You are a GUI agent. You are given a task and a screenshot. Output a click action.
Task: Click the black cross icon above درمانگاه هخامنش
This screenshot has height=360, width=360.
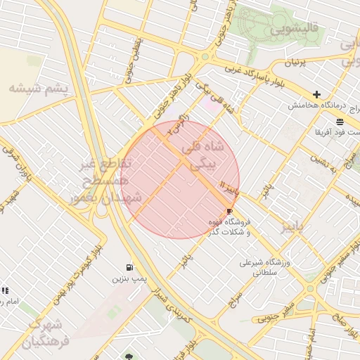pyautogui.click(x=317, y=94)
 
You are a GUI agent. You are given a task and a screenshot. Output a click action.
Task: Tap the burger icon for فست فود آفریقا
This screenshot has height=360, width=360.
pyautogui.click(x=340, y=122)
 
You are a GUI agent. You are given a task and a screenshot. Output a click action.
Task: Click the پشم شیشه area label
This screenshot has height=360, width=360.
pyautogui.click(x=39, y=89)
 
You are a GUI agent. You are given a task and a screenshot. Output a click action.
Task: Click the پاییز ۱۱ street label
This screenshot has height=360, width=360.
pyautogui.click(x=231, y=189)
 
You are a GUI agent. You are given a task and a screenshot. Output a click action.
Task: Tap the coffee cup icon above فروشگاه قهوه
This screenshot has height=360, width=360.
pyautogui.click(x=229, y=211)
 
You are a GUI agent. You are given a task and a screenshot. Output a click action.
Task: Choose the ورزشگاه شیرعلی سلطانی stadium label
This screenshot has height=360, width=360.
pyautogui.click(x=265, y=266)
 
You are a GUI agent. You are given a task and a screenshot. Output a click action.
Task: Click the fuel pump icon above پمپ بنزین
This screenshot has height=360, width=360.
pyautogui.click(x=129, y=267)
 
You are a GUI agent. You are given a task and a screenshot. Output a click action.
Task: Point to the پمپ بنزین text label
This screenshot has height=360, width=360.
pyautogui.click(x=129, y=279)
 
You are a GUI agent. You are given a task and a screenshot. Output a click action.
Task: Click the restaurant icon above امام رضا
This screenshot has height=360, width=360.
pyautogui.click(x=5, y=290)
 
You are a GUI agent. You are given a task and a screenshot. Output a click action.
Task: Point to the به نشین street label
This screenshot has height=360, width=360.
pyautogui.click(x=326, y=164)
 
